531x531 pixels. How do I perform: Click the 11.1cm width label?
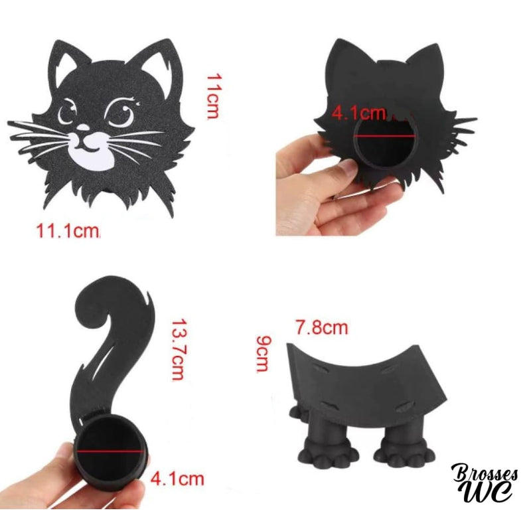[x=68, y=231]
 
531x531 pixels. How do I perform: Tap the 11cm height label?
[x=212, y=96]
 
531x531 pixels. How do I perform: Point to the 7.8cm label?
[x=322, y=327]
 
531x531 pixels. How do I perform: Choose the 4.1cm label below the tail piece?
[x=177, y=477]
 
